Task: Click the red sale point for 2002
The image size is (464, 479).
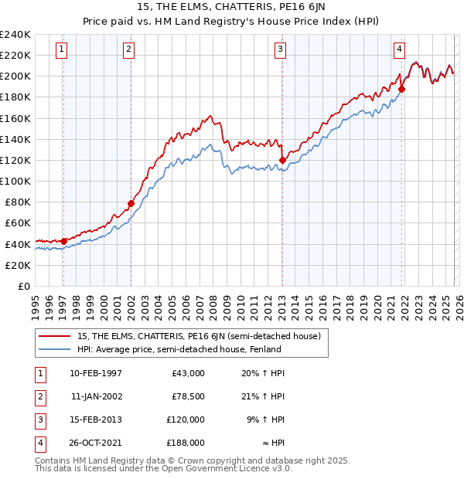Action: click(x=131, y=204)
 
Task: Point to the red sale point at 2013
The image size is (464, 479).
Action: click(x=282, y=160)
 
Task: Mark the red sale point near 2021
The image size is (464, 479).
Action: click(x=401, y=89)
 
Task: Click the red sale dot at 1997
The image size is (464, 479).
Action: click(x=63, y=241)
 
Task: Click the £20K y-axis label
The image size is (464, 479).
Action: click(x=17, y=265)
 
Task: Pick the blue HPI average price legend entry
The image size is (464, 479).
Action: click(x=179, y=349)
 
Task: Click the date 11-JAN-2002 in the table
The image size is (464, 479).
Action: click(x=96, y=396)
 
